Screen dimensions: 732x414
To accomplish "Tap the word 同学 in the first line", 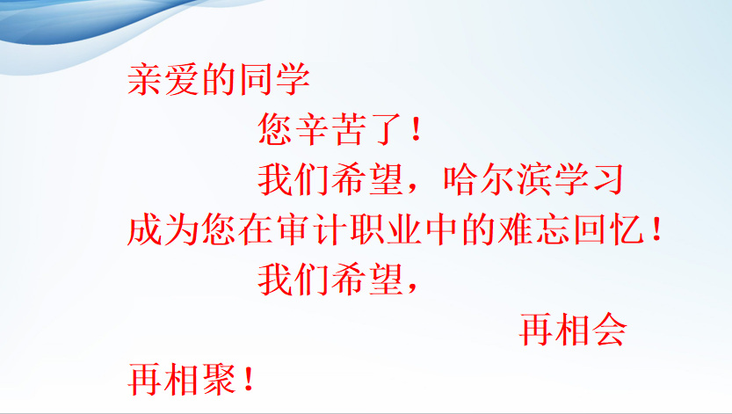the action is [274, 79].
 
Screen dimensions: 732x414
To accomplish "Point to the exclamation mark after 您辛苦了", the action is [417, 129].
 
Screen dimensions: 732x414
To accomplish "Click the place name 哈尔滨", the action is [498, 179].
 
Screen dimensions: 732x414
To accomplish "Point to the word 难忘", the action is [535, 229].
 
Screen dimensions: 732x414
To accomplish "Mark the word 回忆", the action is [610, 229].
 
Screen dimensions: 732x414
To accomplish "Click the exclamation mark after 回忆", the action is [657, 229].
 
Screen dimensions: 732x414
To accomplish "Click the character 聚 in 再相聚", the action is [219, 380].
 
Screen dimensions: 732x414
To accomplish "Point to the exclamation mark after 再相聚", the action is [249, 380].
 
